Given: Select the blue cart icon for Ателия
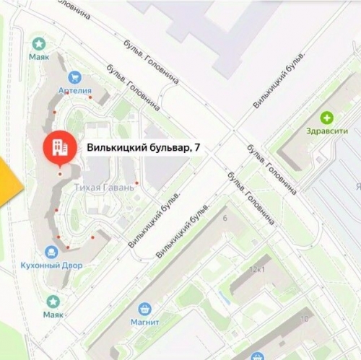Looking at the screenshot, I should pyautogui.click(x=74, y=77).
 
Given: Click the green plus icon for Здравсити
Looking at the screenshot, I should pyautogui.click(x=327, y=118).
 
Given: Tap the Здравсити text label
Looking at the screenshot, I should pyautogui.click(x=326, y=131).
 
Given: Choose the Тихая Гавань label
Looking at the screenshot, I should pyautogui.click(x=104, y=188).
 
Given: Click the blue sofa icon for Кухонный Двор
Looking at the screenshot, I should pyautogui.click(x=51, y=252).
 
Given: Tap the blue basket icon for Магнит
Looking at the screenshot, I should pyautogui.click(x=145, y=308).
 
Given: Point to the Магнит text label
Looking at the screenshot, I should pyautogui.click(x=144, y=322).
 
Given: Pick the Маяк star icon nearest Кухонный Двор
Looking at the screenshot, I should pyautogui.click(x=52, y=302).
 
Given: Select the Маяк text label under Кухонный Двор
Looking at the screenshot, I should pyautogui.click(x=52, y=315).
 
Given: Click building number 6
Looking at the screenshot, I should pyautogui.click(x=225, y=217).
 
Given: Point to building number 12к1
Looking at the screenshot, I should pyautogui.click(x=257, y=269).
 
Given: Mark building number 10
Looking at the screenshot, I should pyautogui.click(x=305, y=318).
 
